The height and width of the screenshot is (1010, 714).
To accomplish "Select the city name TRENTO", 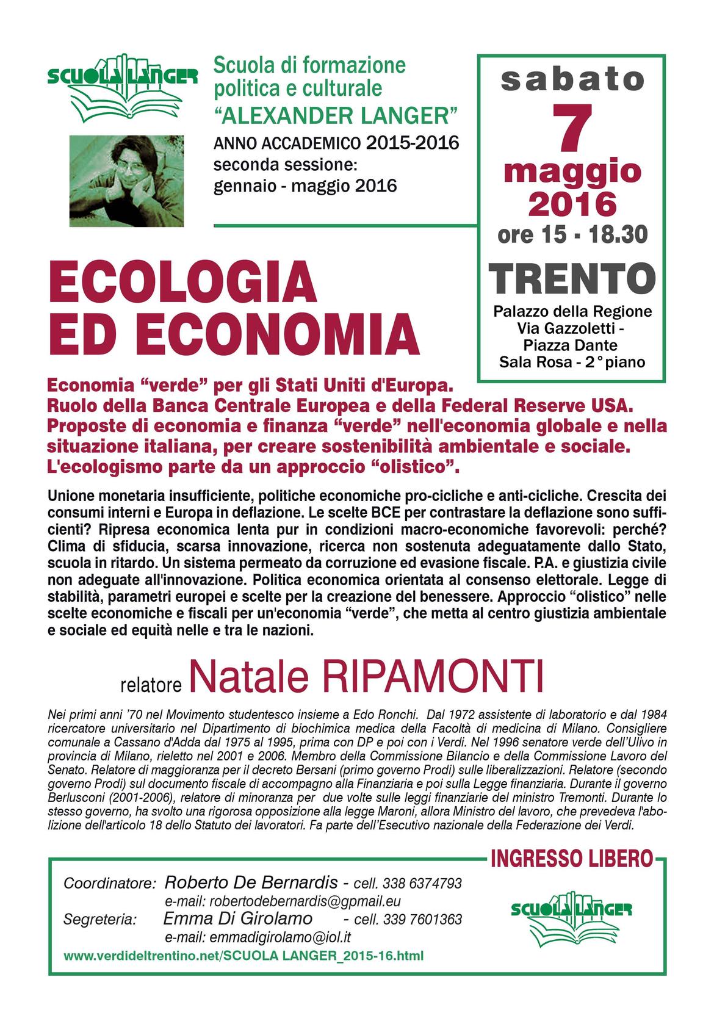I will pyautogui.click(x=572, y=278).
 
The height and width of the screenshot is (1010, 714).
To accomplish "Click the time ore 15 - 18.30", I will pyautogui.click(x=572, y=234).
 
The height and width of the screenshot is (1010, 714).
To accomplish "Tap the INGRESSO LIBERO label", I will pyautogui.click(x=571, y=860).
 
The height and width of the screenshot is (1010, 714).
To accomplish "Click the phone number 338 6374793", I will pyautogui.click(x=425, y=883).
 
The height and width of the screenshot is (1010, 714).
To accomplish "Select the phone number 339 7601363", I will pyautogui.click(x=425, y=919).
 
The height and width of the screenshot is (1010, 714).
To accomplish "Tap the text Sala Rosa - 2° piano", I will pyautogui.click(x=572, y=362).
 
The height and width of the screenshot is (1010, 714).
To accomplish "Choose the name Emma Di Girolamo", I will pyautogui.click(x=238, y=919).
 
